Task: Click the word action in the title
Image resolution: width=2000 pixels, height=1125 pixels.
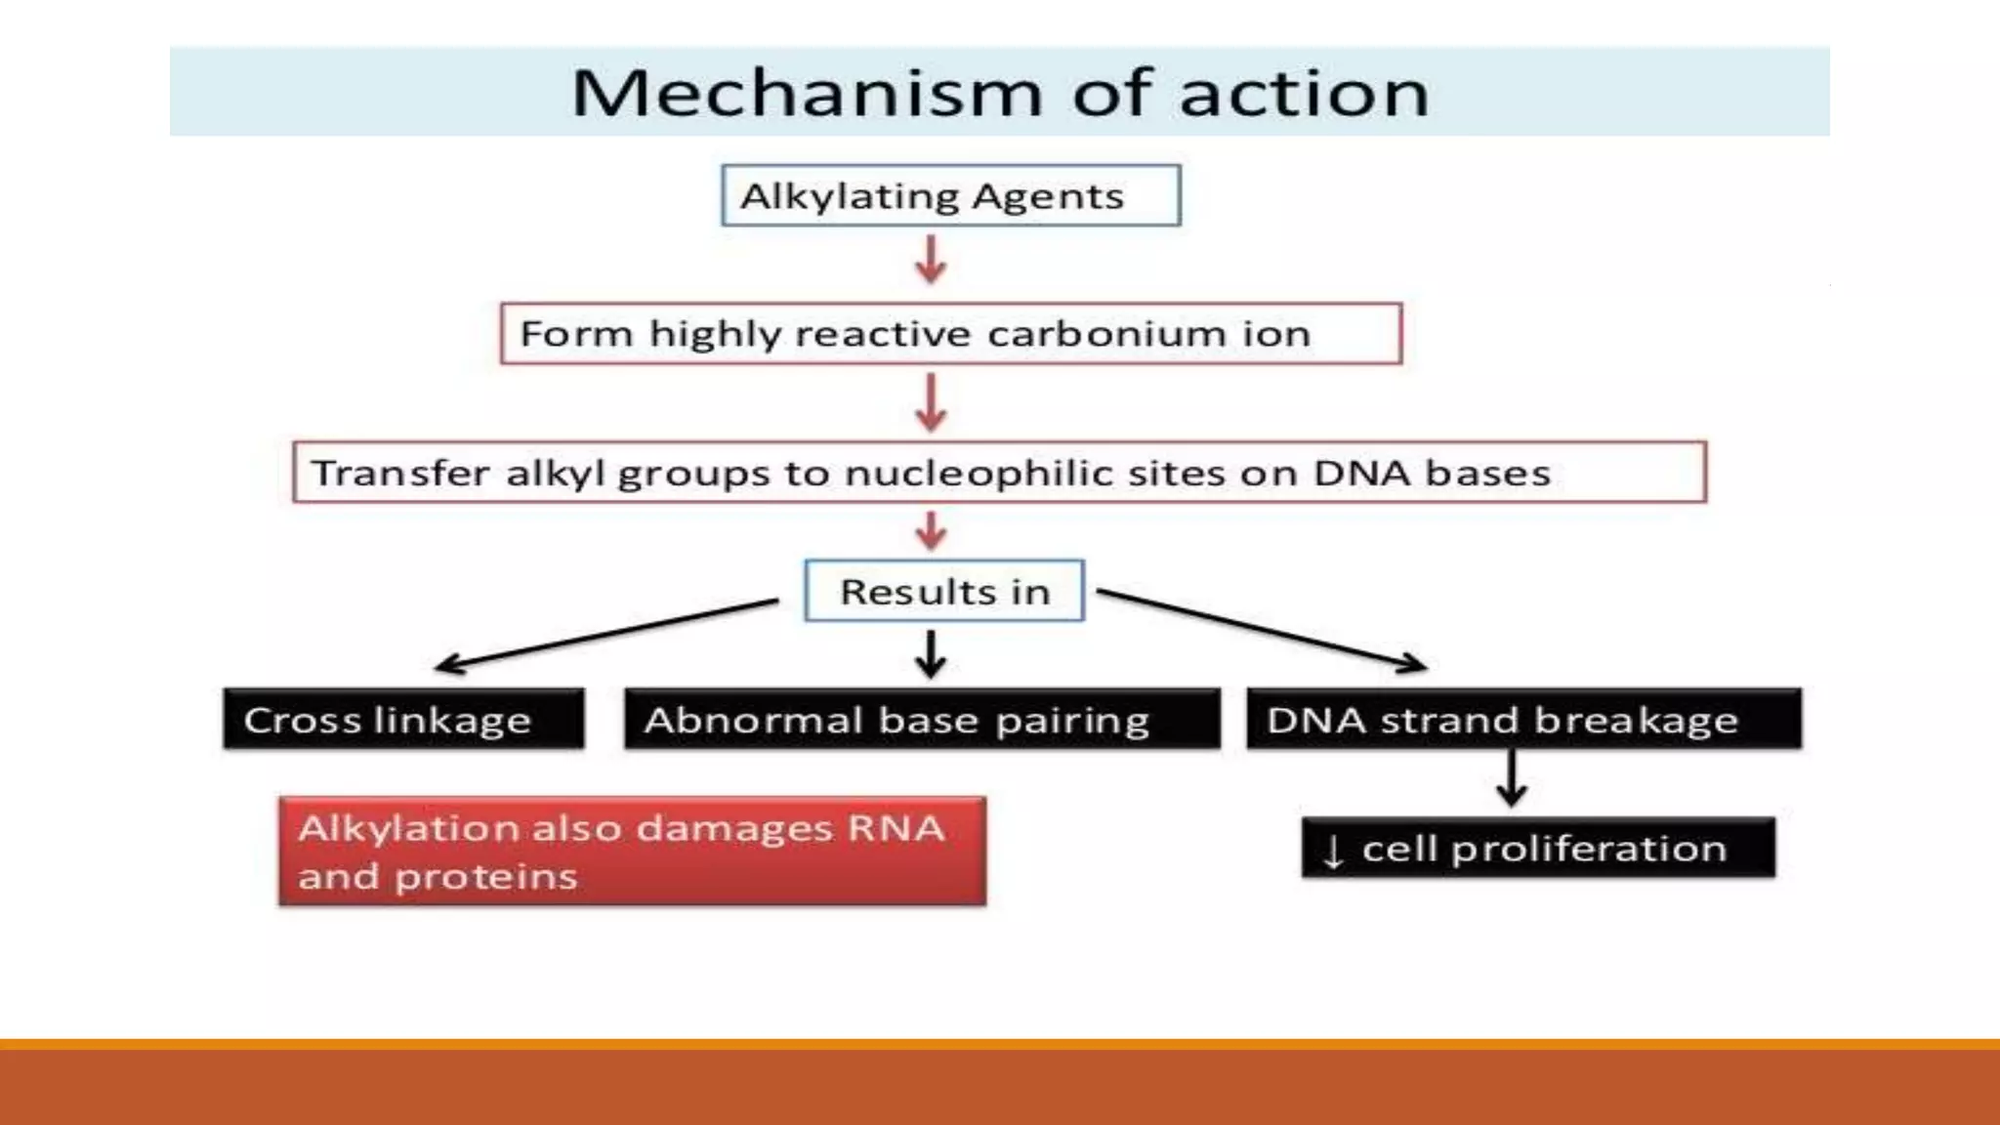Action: click(1304, 94)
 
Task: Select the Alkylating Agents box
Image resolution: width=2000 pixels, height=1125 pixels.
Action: click(950, 196)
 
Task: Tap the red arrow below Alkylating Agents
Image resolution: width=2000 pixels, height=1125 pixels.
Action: click(931, 260)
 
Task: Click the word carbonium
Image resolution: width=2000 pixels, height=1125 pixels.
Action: click(1105, 334)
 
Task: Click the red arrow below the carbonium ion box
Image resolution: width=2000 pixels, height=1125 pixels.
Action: click(931, 403)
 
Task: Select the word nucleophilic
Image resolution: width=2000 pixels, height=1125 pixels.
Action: click(979, 474)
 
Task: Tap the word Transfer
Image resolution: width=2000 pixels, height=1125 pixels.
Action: click(400, 474)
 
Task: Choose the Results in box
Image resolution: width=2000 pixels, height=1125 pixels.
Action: click(944, 592)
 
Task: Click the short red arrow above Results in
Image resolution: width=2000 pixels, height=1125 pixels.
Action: click(931, 531)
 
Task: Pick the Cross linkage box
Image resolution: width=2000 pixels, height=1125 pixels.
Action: click(403, 721)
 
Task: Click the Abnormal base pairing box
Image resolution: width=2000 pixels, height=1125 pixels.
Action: click(922, 721)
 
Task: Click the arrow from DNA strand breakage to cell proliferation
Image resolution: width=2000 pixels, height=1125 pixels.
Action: click(1511, 779)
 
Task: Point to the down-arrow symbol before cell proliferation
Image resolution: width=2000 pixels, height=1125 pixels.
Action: click(1333, 851)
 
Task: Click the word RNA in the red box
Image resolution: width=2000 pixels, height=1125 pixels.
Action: click(896, 829)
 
